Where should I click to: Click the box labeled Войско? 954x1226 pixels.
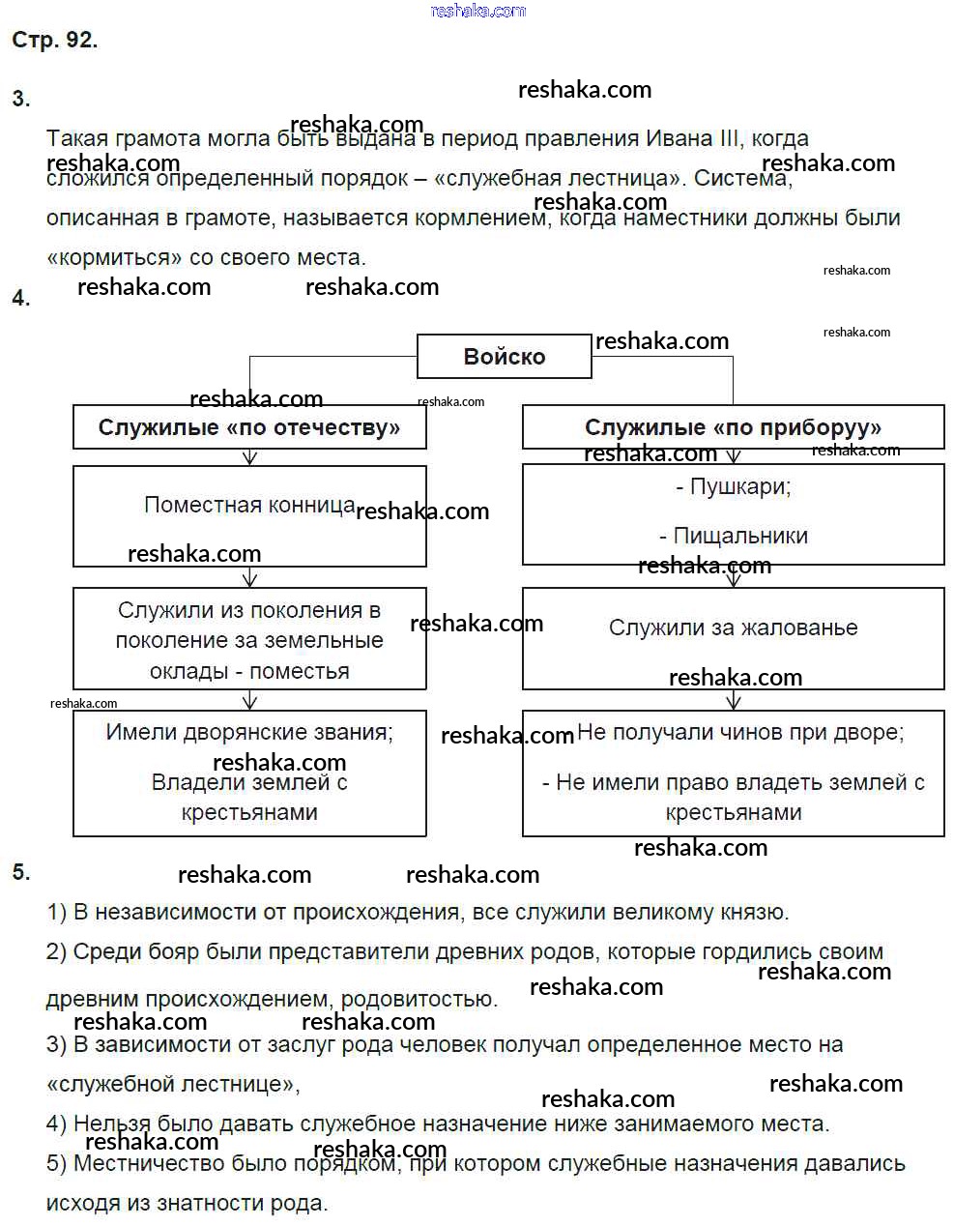(x=504, y=357)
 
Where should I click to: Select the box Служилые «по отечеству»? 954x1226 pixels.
(x=249, y=427)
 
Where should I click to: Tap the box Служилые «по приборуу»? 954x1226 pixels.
(x=733, y=427)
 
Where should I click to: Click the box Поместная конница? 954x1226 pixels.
(x=249, y=505)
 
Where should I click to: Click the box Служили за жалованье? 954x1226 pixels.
(x=733, y=628)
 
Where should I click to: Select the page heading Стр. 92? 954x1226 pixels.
(x=54, y=40)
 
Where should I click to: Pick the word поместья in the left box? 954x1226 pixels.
(x=300, y=671)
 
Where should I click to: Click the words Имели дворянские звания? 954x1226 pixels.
(x=249, y=732)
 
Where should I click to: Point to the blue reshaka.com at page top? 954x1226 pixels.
(x=477, y=11)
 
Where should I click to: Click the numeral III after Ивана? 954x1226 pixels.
(x=730, y=138)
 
